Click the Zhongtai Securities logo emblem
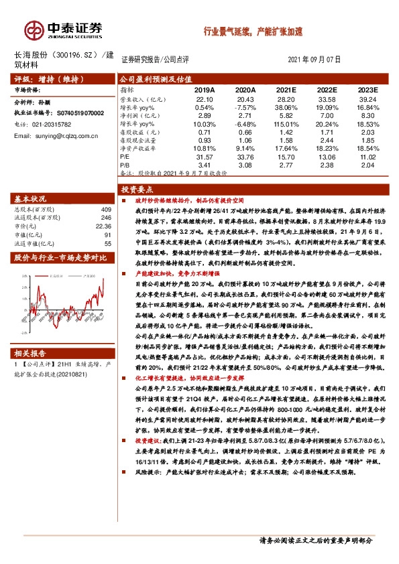click(33, 29)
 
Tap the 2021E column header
click(286, 89)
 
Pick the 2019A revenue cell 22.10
click(204, 98)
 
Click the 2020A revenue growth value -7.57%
click(245, 107)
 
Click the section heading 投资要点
click(138, 190)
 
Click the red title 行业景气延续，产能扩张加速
click(253, 31)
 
